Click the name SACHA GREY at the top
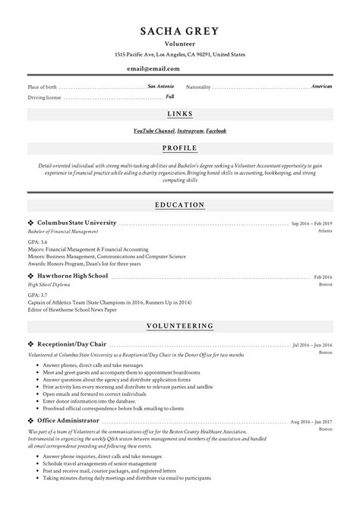click(179, 31)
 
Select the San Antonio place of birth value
click(161, 87)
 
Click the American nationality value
click(321, 87)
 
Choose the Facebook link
click(216, 131)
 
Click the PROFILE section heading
click(180, 147)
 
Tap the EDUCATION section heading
click(180, 204)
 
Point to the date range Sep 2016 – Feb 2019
click(311, 224)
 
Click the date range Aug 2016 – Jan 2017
click(311, 421)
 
